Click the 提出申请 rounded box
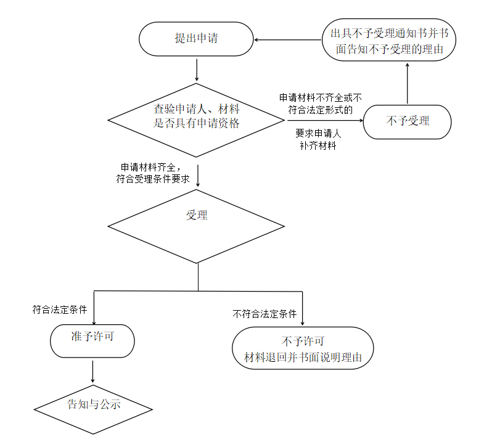[197, 39]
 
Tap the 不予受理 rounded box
[408, 121]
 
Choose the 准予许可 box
[92, 341]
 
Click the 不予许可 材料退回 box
[303, 348]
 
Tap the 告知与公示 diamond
[93, 409]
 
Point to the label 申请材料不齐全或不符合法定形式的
[320, 104]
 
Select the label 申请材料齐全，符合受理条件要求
[154, 173]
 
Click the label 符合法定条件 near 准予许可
[60, 310]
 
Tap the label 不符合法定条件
[265, 314]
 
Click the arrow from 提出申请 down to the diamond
[197, 70]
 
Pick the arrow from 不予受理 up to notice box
[408, 83]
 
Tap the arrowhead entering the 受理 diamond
[197, 184]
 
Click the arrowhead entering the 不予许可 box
[303, 321]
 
